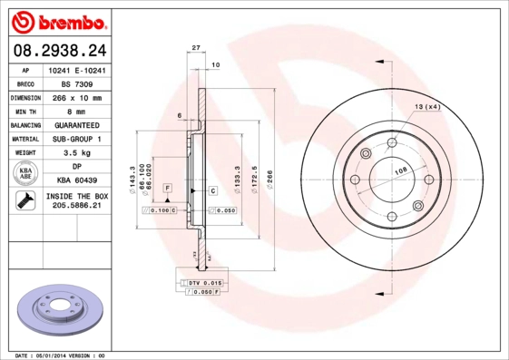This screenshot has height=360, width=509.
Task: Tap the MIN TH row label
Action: [25, 111]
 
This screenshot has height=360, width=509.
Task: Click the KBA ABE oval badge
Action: [25, 174]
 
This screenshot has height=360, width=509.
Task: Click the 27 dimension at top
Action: [196, 47]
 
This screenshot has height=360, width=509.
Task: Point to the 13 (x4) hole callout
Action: [426, 108]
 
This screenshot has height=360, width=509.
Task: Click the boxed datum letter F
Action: [167, 187]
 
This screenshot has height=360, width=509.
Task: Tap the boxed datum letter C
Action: [212, 190]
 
